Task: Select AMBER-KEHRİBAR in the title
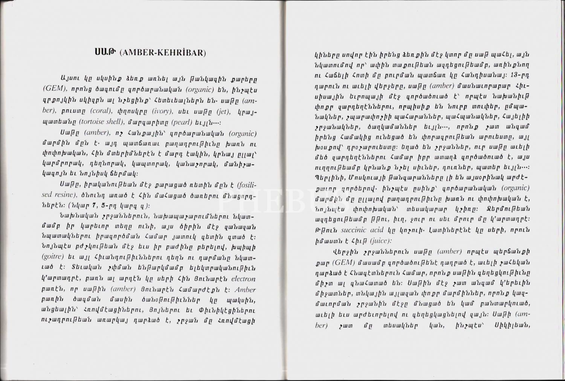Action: click(x=163, y=53)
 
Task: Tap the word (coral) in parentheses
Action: click(x=102, y=111)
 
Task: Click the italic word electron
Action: click(x=243, y=279)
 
